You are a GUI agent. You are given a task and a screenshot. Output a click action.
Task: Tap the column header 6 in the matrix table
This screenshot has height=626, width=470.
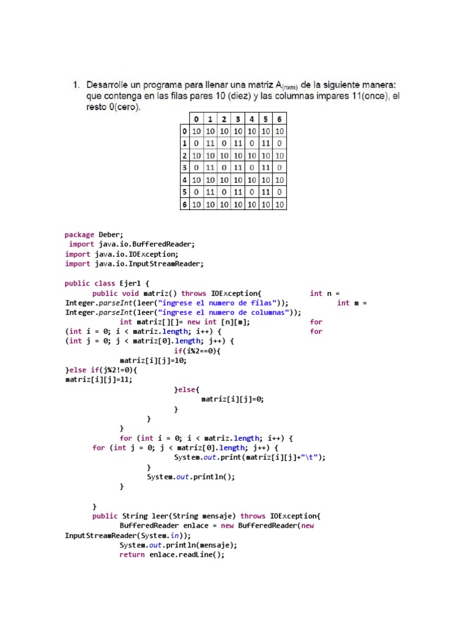pos(279,119)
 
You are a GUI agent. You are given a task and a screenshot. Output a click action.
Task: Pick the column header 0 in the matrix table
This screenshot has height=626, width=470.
pos(197,119)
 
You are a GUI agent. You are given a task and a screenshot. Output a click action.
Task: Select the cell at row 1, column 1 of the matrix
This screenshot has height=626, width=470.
pos(211,143)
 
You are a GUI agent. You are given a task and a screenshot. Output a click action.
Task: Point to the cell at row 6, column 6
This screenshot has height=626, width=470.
pos(279,204)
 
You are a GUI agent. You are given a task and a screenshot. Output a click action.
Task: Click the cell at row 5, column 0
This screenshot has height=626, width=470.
pos(197,192)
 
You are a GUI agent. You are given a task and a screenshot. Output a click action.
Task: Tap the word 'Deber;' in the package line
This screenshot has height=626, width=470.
pos(111,234)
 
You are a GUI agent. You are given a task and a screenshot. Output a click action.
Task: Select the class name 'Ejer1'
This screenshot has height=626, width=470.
pos(129,283)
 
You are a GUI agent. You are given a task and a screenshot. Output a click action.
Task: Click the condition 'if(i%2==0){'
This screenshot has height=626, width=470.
pos(197,351)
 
